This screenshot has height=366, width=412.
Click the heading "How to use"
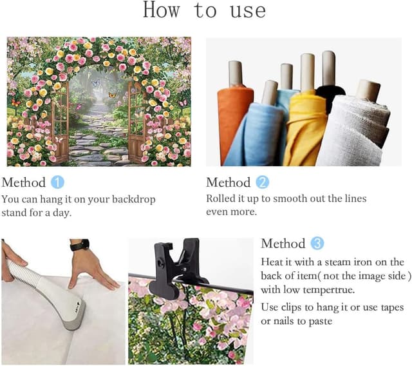(204, 11)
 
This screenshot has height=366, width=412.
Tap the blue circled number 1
(58, 182)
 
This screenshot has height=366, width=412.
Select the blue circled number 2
(263, 182)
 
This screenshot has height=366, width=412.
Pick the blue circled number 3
(317, 244)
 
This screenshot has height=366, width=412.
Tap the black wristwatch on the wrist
(80, 246)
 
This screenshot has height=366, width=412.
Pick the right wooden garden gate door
(137, 122)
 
